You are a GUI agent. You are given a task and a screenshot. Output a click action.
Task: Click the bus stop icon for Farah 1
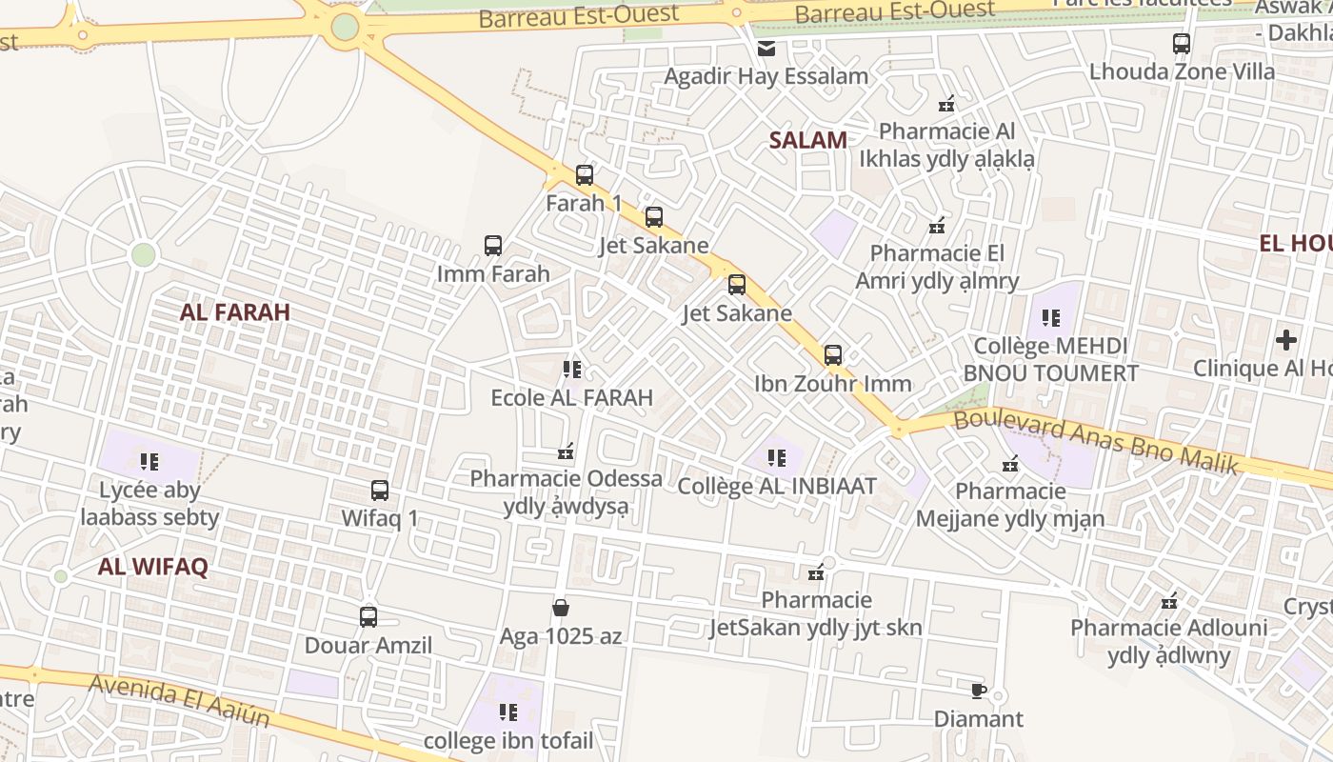[585, 175]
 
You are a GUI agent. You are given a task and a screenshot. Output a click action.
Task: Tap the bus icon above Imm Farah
[492, 246]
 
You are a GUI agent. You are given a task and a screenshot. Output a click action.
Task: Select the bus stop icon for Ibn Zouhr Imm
[833, 355]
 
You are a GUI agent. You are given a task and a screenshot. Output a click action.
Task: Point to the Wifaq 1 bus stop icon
[380, 491]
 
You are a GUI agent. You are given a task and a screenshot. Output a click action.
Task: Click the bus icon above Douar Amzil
[368, 617]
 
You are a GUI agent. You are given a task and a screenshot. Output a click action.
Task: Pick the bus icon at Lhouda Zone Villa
[1182, 44]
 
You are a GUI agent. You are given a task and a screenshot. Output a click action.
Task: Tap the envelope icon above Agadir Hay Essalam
[766, 49]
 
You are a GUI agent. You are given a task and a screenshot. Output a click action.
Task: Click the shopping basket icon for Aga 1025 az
[561, 608]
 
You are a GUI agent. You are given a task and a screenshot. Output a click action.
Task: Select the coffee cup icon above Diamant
[978, 691]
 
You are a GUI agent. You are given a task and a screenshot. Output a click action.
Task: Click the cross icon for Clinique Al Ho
[1286, 340]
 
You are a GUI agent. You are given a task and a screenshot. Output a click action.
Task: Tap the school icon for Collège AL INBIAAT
[777, 458]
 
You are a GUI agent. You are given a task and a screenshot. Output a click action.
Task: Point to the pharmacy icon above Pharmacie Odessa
[567, 451]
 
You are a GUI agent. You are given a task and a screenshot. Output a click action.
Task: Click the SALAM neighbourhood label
[807, 140]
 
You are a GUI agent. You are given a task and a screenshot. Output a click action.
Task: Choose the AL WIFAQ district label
[152, 567]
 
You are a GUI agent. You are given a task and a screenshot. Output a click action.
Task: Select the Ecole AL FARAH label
[571, 397]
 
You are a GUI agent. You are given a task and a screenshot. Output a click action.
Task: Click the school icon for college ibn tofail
[507, 712]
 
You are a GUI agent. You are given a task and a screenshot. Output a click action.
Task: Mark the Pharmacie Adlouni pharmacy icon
[1169, 601]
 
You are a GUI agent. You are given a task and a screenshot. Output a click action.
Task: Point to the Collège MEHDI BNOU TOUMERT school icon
[1051, 317]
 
